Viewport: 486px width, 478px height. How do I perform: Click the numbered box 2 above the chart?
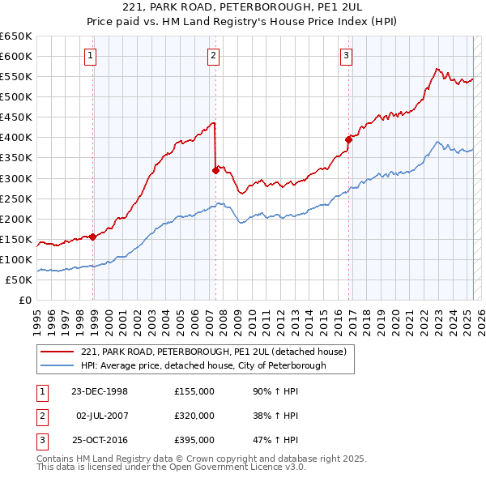click(212, 56)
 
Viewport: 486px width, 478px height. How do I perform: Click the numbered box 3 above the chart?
click(346, 56)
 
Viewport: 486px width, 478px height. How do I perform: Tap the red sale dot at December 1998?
click(93, 237)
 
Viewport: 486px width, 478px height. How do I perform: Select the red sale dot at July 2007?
click(215, 170)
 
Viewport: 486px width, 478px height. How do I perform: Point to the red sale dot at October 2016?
click(348, 139)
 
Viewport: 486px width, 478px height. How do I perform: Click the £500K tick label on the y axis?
click(16, 96)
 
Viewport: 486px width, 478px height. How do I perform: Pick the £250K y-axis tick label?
click(16, 198)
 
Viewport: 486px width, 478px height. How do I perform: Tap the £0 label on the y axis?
click(24, 300)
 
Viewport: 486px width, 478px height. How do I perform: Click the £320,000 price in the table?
click(194, 416)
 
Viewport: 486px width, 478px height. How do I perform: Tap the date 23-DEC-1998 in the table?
click(100, 391)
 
